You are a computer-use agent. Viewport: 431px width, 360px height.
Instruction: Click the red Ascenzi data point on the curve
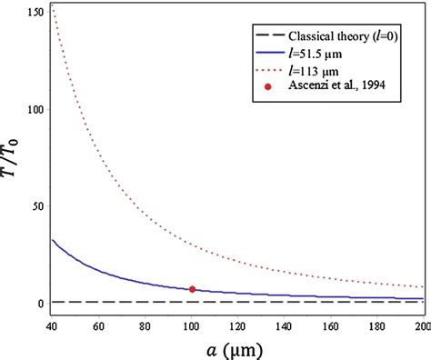[192, 289]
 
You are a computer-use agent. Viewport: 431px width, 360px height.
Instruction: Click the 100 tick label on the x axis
[193, 325]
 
